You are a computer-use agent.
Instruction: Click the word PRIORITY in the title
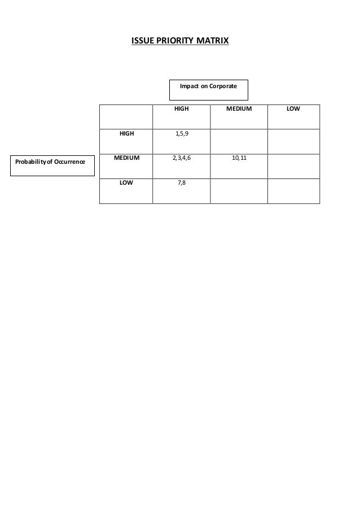click(174, 41)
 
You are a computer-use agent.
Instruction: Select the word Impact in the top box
click(188, 86)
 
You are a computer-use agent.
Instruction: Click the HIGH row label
click(126, 134)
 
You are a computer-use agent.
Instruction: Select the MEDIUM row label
click(126, 159)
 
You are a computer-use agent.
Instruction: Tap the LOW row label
click(126, 184)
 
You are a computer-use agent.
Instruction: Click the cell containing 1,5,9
click(181, 135)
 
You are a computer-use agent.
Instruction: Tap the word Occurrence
click(68, 162)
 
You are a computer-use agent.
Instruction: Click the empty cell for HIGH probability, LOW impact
click(293, 141)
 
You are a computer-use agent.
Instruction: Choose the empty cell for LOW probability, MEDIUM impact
click(239, 190)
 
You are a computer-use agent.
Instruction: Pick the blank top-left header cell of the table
click(126, 116)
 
